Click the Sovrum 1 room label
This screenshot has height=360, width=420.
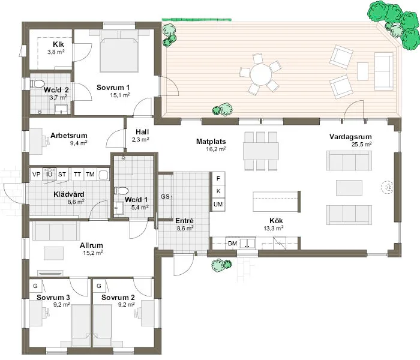113,88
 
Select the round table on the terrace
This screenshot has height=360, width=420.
261,76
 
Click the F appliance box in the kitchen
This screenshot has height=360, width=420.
218,179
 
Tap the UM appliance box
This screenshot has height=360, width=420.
218,205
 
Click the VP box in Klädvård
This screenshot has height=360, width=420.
36,174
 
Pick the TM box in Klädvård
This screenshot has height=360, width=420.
90,174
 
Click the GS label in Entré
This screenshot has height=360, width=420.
165,197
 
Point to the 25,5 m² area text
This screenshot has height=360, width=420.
361,145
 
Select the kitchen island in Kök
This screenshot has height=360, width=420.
276,201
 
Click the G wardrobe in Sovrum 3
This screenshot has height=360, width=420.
35,286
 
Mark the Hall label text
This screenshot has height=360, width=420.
142,131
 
